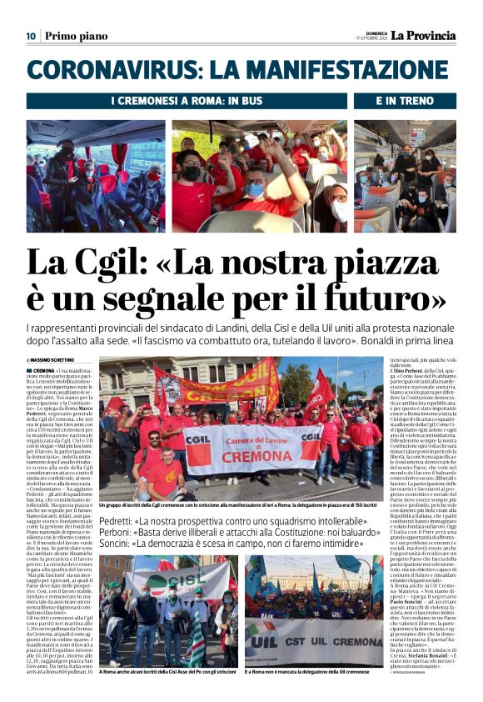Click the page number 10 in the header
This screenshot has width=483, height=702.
pyautogui.click(x=30, y=36)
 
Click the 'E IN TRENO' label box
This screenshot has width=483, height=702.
pyautogui.click(x=405, y=101)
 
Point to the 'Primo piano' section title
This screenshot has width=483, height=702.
pyautogui.click(x=76, y=36)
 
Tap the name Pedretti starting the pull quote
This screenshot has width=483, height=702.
pyautogui.click(x=120, y=521)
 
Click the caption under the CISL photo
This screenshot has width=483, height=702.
pyautogui.click(x=168, y=671)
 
